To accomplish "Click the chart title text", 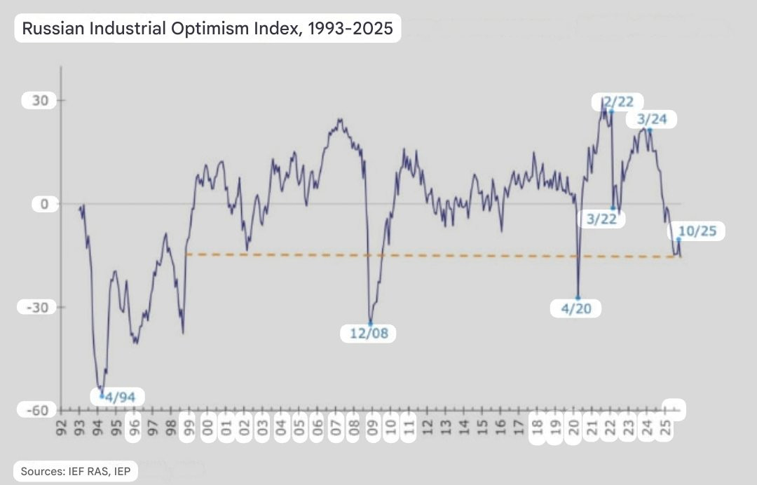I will pyautogui.click(x=207, y=28).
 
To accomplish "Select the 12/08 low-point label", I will pyautogui.click(x=368, y=333).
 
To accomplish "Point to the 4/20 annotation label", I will pyautogui.click(x=577, y=308).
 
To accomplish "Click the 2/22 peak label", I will pyautogui.click(x=618, y=102).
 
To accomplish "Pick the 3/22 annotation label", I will pyautogui.click(x=601, y=219).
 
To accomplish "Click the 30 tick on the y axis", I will pyautogui.click(x=40, y=101).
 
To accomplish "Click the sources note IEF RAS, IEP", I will pyautogui.click(x=74, y=471).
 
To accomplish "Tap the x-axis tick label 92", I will pyautogui.click(x=62, y=428).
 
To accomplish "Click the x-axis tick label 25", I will pyautogui.click(x=666, y=428).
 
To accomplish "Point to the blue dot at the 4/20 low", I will pyautogui.click(x=578, y=298).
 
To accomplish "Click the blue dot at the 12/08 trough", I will pyautogui.click(x=371, y=322).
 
